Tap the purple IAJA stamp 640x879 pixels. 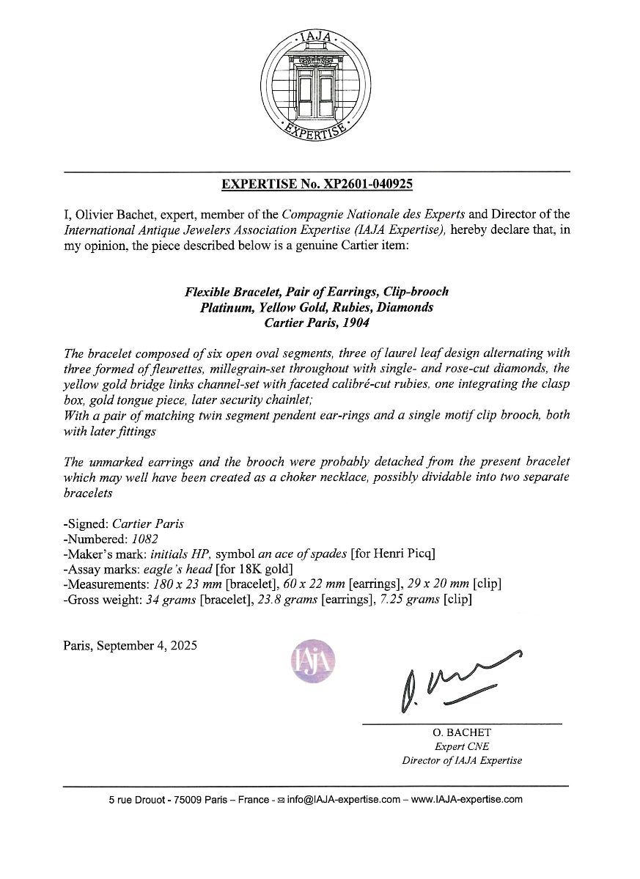[315, 661]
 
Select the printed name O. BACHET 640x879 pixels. [462, 733]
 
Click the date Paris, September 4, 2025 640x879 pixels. [130, 647]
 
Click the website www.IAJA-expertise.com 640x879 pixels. [466, 799]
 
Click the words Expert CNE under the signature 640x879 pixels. [462, 747]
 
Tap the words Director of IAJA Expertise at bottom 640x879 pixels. [462, 761]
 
